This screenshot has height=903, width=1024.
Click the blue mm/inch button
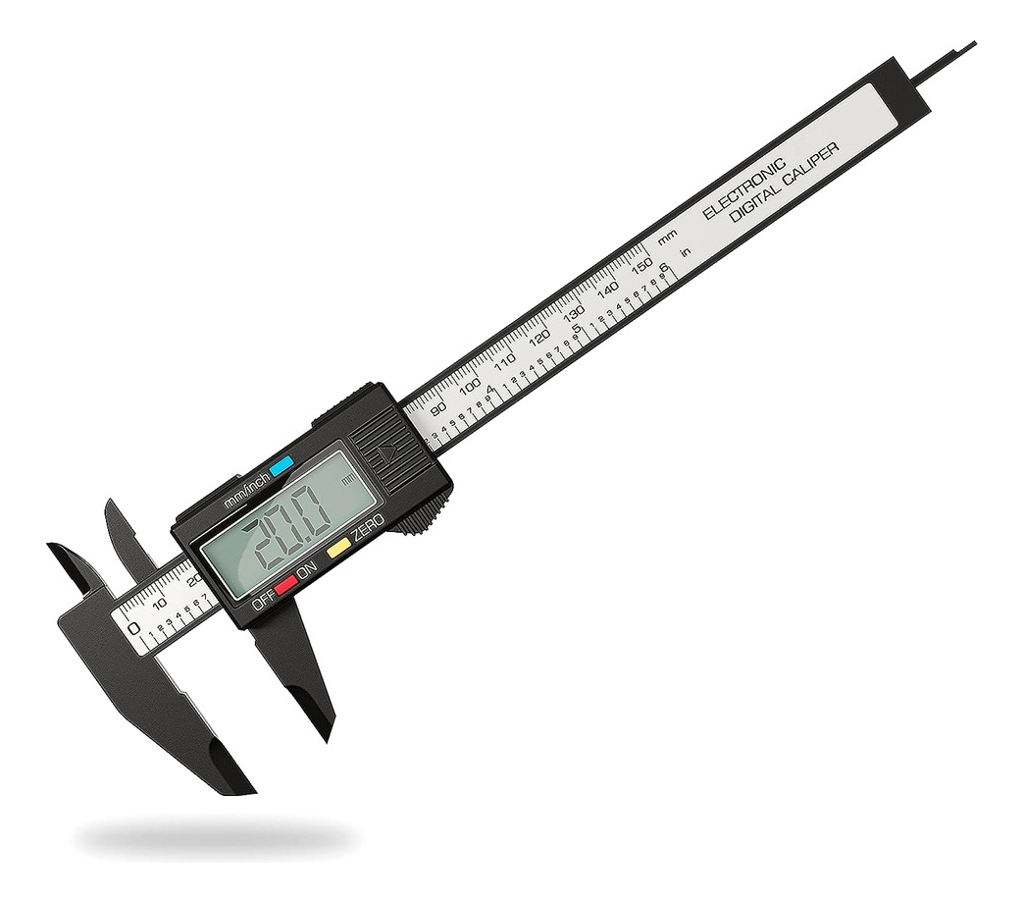point(283,466)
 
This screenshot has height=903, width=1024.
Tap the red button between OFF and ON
point(286,586)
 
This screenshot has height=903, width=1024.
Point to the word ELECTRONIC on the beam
point(744,187)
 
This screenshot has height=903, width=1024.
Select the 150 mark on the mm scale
point(640,265)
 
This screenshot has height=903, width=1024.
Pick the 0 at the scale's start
point(133,627)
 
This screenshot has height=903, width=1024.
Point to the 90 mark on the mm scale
point(438,407)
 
